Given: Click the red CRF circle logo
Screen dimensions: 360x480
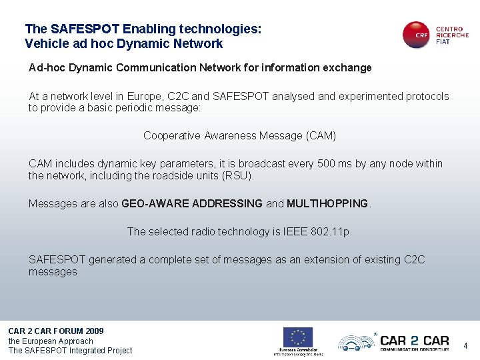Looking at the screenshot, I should (417, 35).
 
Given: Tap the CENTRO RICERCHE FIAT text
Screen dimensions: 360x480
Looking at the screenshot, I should (452, 35).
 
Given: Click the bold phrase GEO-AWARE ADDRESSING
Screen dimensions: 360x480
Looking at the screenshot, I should (192, 204).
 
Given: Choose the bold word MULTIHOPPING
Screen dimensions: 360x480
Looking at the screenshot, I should (327, 204).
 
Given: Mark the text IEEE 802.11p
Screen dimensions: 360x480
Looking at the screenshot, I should (317, 232).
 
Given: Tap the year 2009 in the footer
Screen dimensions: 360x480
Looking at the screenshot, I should (95, 331).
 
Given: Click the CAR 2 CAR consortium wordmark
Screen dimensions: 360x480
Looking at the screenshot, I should (414, 341).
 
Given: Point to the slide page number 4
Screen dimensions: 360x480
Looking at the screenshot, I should (466, 346).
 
